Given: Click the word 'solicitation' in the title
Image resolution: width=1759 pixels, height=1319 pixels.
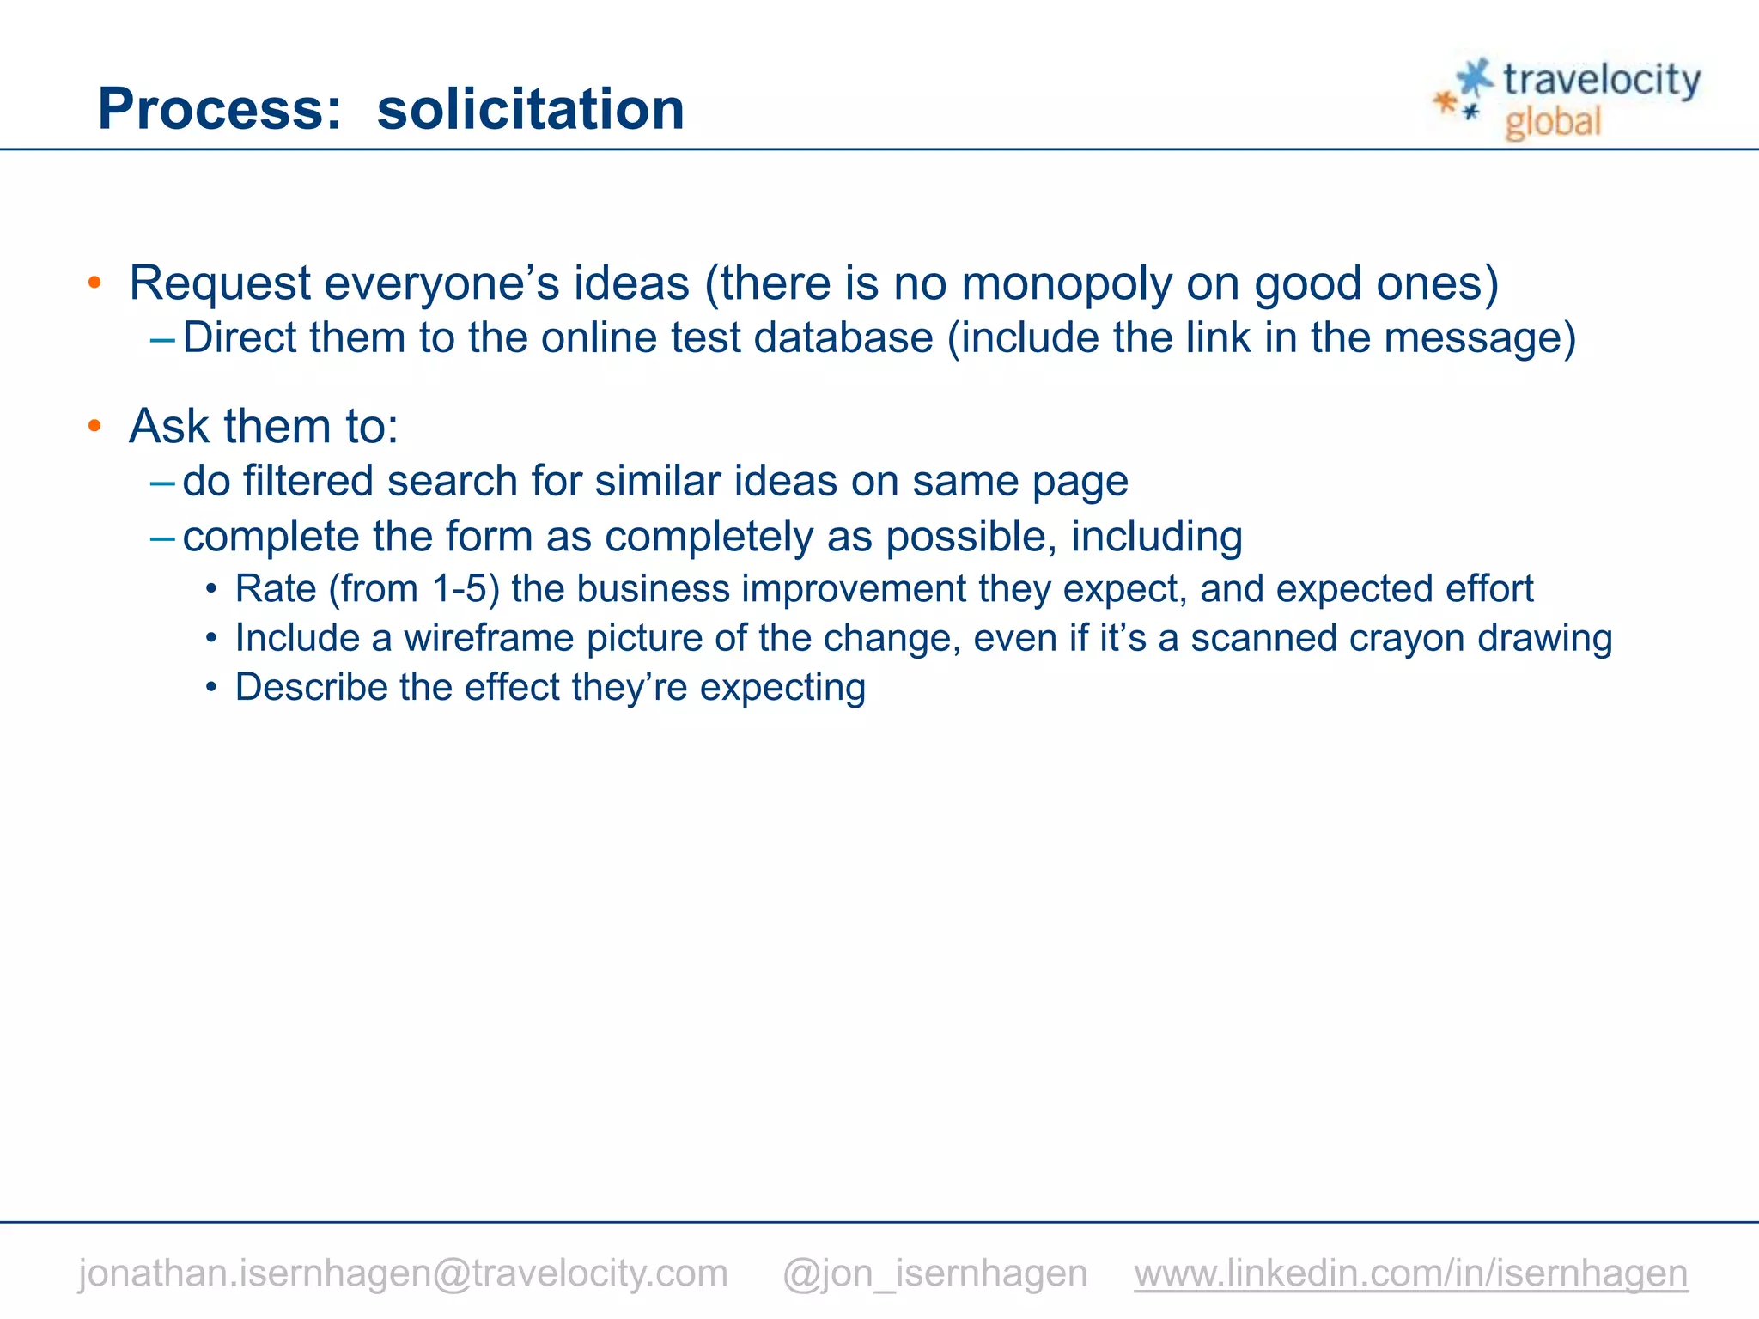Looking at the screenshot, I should click(530, 109).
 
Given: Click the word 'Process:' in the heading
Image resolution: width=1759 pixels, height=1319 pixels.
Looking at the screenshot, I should click(220, 109).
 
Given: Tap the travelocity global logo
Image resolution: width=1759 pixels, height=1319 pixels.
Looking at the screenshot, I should click(1567, 99).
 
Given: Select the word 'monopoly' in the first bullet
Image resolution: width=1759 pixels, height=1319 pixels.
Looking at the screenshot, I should click(1066, 283).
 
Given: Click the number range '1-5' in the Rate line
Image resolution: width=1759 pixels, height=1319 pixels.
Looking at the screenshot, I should click(466, 589).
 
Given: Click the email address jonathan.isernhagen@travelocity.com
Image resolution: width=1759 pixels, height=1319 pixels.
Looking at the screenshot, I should click(403, 1273).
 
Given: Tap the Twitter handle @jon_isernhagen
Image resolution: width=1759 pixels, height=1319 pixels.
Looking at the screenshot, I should click(934, 1273).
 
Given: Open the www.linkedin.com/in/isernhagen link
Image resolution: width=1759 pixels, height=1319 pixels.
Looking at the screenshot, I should click(1410, 1273).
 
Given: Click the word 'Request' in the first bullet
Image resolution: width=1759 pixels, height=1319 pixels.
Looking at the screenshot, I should click(220, 283).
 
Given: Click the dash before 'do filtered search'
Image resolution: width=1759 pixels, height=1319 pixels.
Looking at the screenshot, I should click(162, 482).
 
